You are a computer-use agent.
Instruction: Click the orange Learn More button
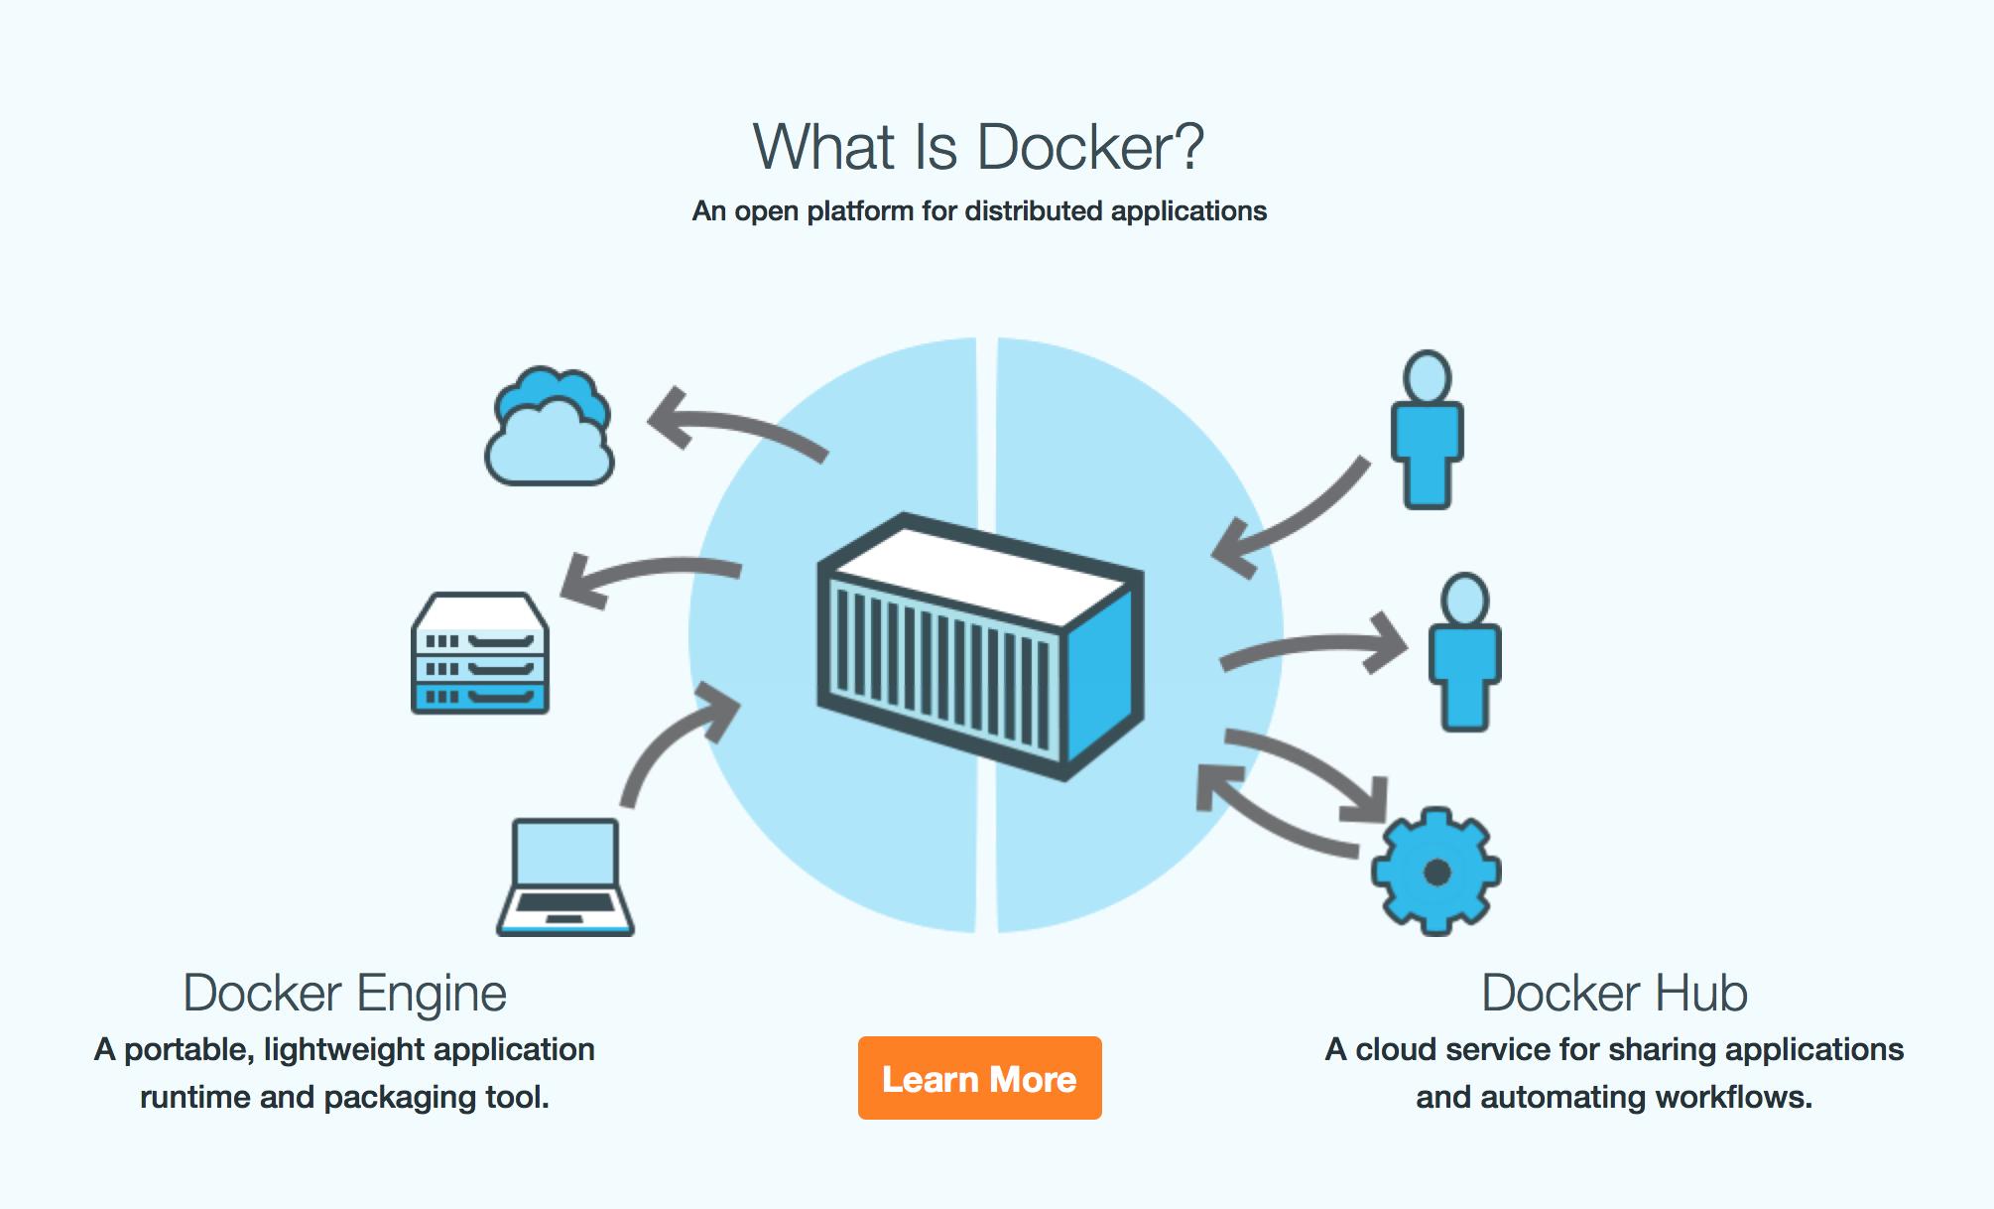[979, 1078]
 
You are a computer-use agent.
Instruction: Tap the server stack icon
[480, 653]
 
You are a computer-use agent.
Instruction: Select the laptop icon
[565, 877]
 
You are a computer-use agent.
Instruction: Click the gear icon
[1435, 872]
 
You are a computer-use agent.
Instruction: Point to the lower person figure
[1464, 652]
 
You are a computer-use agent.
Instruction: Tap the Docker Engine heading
[344, 993]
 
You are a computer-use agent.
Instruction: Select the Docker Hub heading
[1614, 993]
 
